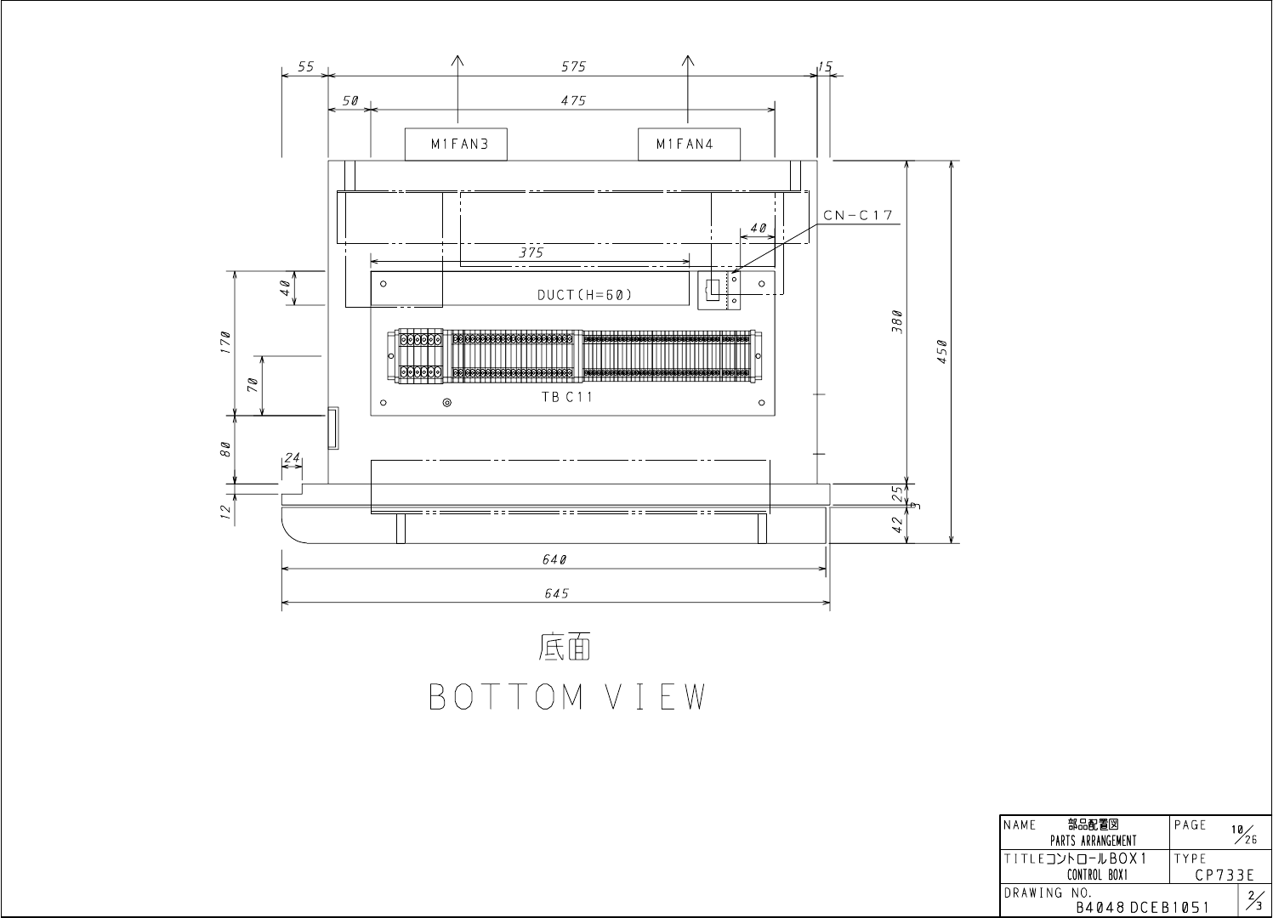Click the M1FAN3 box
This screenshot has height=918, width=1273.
click(456, 144)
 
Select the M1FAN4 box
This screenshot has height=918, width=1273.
click(689, 144)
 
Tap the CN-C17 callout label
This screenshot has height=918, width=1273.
click(859, 215)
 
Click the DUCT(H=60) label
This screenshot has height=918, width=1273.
click(584, 296)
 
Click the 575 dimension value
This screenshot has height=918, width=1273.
click(573, 66)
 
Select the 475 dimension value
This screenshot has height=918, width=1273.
click(573, 100)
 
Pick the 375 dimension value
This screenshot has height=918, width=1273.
click(531, 252)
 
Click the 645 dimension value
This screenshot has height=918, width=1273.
click(556, 594)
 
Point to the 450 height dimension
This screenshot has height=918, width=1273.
click(942, 350)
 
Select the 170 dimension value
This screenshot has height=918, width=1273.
click(224, 343)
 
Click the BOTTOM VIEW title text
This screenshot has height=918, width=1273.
click(567, 697)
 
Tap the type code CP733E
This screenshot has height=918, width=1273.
click(1225, 875)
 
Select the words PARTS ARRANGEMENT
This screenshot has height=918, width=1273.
click(1093, 841)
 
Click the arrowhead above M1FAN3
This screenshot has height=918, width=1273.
click(457, 60)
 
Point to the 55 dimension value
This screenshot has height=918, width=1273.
click(306, 66)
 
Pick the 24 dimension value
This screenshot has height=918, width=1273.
click(292, 458)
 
